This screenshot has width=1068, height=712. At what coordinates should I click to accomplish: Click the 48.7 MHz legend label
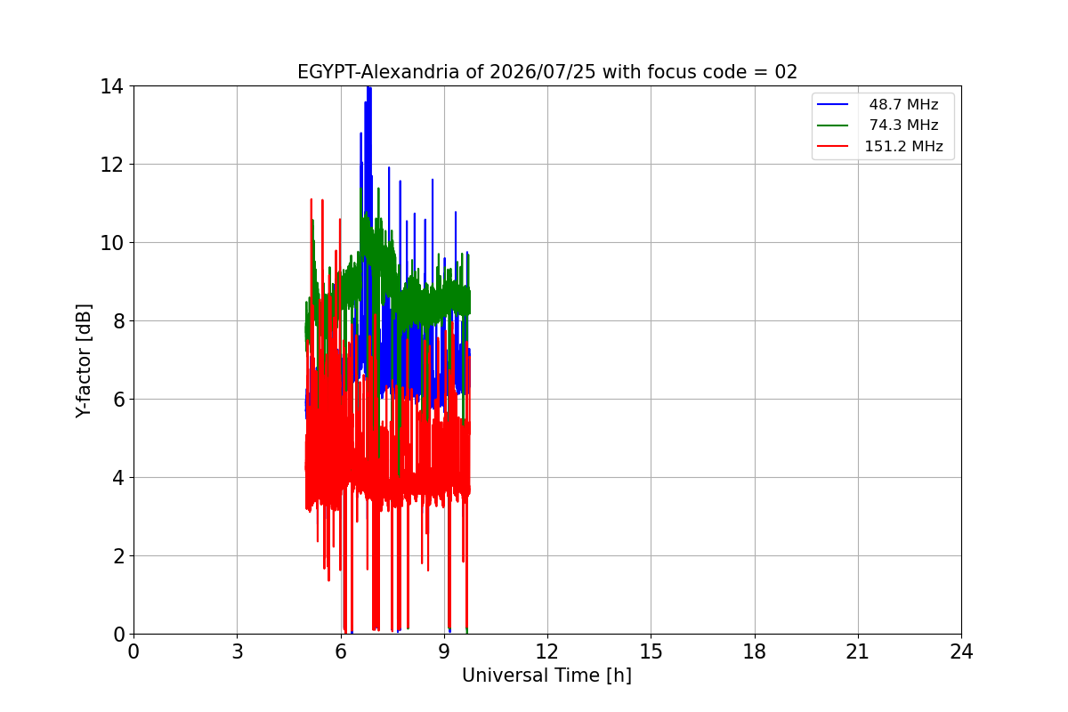(x=903, y=104)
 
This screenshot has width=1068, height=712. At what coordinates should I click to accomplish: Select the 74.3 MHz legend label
(x=903, y=125)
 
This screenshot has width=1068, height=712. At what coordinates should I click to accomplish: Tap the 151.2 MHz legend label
(x=903, y=146)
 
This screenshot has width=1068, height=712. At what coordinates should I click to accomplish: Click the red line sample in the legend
(x=832, y=146)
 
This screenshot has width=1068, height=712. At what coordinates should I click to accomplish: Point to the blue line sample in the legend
(x=832, y=104)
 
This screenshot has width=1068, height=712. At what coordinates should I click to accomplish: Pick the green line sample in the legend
(x=832, y=125)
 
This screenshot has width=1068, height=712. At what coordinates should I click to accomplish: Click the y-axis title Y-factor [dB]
(x=84, y=360)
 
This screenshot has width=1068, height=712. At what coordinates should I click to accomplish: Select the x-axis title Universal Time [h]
(x=546, y=676)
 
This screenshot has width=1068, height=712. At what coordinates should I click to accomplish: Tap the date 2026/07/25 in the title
(x=543, y=72)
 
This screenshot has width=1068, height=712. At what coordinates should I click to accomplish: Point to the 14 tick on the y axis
(x=111, y=87)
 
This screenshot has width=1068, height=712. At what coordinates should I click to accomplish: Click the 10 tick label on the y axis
(x=111, y=243)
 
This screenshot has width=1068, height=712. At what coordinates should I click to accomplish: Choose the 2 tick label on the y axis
(x=118, y=556)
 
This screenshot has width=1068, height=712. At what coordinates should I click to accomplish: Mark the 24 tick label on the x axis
(x=961, y=651)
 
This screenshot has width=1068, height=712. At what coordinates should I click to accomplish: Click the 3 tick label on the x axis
(x=238, y=651)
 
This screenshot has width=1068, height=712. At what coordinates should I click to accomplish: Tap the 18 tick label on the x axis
(x=755, y=651)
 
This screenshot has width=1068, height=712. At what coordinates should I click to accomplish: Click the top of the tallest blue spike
(x=368, y=87)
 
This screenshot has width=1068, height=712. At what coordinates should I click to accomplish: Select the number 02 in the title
(x=786, y=72)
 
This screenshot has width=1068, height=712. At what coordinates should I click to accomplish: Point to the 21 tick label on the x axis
(x=858, y=651)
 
